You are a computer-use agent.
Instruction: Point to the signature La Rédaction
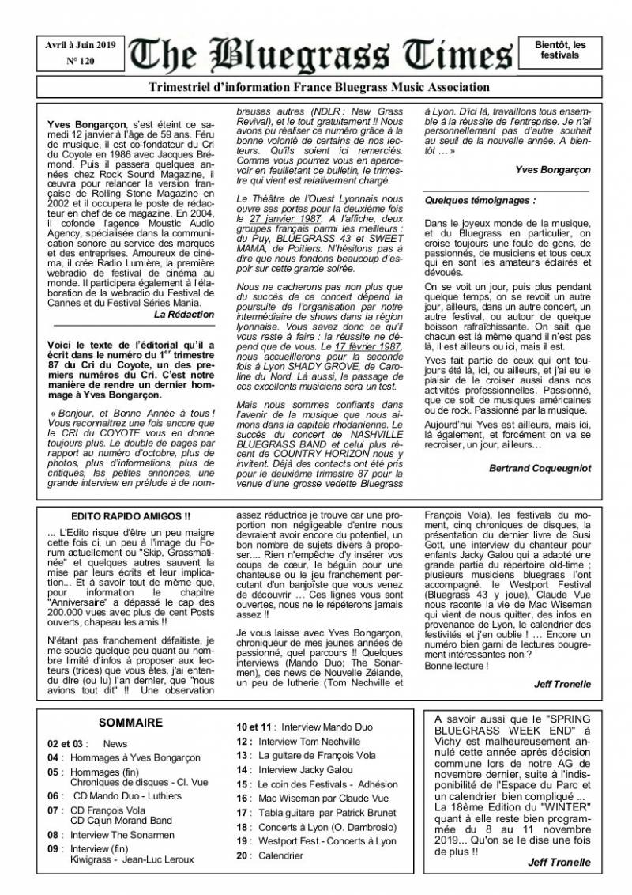pos(184,314)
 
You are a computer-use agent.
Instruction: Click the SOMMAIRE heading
pos(130,722)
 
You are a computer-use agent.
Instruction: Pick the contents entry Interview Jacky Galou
pos(295,769)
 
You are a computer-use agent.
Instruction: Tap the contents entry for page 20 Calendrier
pos(269,855)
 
